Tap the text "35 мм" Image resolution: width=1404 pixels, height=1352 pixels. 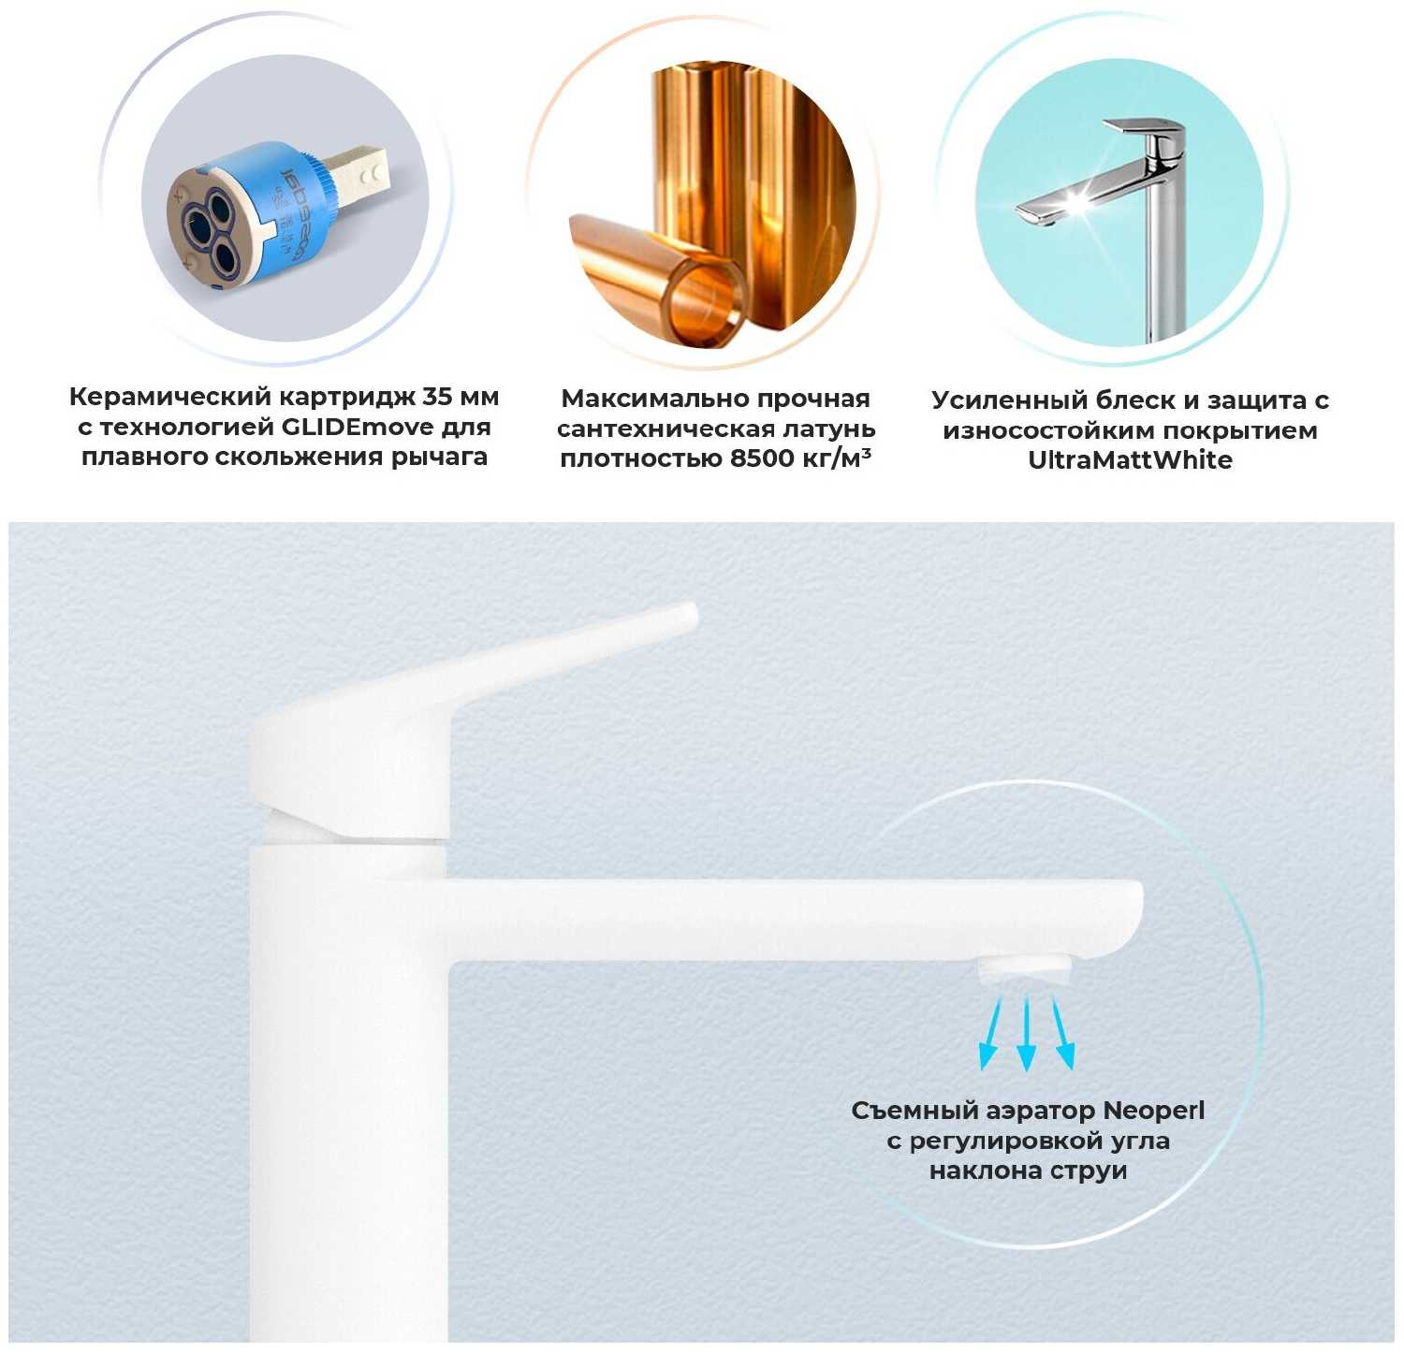pos(461,397)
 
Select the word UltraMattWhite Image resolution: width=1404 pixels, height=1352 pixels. pos(1130,459)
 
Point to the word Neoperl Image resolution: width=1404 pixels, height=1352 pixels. pos(1153,1111)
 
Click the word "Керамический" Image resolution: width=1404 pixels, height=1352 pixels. pos(171,398)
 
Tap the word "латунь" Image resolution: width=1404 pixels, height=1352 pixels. pos(828,429)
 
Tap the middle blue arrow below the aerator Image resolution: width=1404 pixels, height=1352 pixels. pos(1027,1033)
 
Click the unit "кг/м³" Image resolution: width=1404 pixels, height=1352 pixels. pos(837,458)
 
